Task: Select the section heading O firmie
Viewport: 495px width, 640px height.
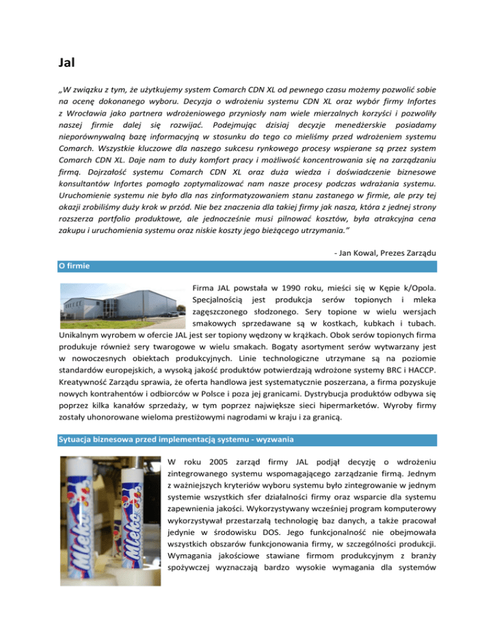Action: coord(73,265)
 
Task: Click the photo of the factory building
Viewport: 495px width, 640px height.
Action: coord(121,310)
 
